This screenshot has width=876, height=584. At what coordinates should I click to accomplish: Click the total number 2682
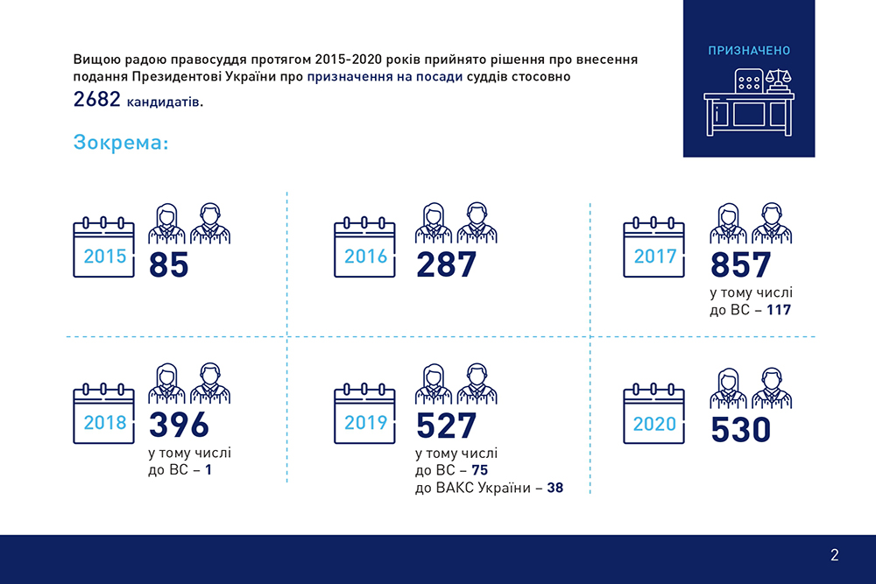[97, 101]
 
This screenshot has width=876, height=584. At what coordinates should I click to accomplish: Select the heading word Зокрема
[121, 143]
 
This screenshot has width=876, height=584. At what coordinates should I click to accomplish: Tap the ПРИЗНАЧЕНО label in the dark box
[749, 51]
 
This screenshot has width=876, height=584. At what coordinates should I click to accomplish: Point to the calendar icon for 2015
[104, 248]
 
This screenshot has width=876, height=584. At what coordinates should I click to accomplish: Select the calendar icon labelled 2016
[364, 248]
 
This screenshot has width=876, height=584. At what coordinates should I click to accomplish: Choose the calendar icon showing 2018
[104, 414]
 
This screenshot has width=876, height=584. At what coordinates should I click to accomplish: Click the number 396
[179, 425]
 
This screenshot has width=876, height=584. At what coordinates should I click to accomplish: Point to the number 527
[446, 426]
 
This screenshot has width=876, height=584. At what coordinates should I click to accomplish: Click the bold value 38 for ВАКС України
[555, 488]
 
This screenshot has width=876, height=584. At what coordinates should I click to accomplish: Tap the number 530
[740, 430]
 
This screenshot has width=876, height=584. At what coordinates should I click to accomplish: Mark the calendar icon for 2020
[653, 415]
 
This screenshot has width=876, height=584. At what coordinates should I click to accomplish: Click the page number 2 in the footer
[834, 554]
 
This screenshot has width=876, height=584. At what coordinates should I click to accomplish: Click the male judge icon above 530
[769, 388]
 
